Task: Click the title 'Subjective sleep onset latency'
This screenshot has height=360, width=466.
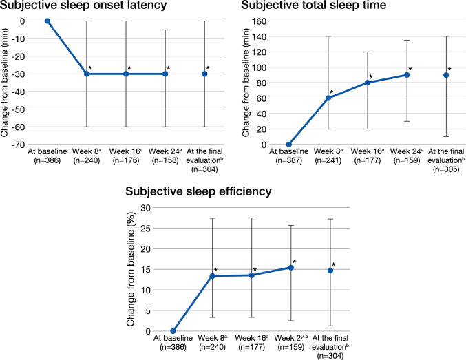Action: [x=83, y=5]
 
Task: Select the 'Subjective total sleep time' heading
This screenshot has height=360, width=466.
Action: [x=314, y=5]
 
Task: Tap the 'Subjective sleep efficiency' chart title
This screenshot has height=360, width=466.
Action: [x=198, y=191]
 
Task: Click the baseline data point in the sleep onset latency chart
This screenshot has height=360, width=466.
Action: [x=47, y=21]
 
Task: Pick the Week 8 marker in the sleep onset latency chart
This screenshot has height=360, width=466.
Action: [x=87, y=74]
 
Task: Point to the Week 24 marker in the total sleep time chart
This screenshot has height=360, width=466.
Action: [x=407, y=75]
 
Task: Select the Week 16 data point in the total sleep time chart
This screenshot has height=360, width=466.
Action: [x=368, y=83]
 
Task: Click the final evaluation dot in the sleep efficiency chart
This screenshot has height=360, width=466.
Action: [x=330, y=271]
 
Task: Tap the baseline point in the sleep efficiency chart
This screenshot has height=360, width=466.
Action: [x=173, y=331]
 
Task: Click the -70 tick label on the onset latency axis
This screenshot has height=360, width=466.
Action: [x=18, y=145]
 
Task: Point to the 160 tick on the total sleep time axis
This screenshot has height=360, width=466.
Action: [x=259, y=21]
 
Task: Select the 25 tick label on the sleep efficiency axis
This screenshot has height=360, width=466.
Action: [x=146, y=229]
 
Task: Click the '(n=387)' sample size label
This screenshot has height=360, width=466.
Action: [x=288, y=160]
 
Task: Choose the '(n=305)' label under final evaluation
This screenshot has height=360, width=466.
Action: [x=446, y=169]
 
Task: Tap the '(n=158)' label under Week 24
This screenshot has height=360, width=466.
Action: [x=165, y=160]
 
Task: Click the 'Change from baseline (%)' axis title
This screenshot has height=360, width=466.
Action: [x=131, y=269]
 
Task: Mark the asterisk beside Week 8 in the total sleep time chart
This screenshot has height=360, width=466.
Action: [x=331, y=92]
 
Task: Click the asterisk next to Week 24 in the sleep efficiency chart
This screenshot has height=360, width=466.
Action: [x=294, y=262]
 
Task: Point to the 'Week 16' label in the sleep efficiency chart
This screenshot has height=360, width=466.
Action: [x=251, y=338]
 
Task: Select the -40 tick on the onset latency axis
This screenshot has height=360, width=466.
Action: [x=18, y=92]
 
